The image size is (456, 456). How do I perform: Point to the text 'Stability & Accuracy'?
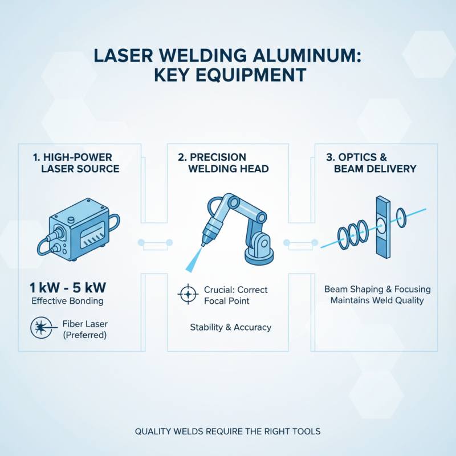(230, 327)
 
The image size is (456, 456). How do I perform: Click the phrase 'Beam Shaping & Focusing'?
(377, 289)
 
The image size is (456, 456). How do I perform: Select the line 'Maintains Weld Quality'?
(377, 300)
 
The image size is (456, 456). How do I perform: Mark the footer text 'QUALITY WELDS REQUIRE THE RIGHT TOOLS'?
(228, 431)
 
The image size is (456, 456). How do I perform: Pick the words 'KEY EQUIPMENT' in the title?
(228, 75)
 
